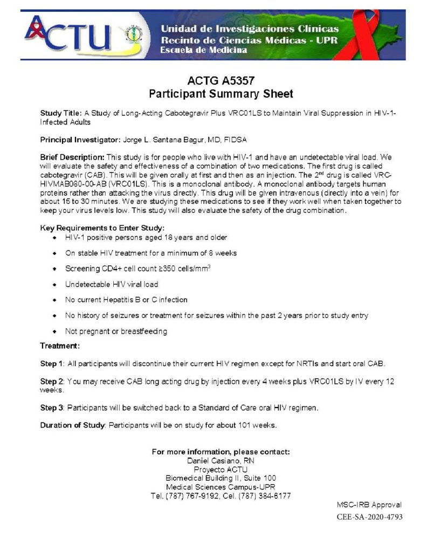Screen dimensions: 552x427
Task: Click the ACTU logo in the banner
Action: (x=67, y=33)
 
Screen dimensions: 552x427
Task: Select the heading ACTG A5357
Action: (x=221, y=81)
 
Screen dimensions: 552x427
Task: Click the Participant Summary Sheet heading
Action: (x=221, y=94)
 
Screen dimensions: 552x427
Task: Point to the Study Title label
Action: (x=61, y=113)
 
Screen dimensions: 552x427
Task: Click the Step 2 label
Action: (x=52, y=381)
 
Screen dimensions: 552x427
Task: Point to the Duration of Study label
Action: (x=72, y=425)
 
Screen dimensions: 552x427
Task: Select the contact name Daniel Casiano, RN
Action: (x=221, y=460)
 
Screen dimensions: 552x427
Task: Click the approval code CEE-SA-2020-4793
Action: (x=369, y=517)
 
